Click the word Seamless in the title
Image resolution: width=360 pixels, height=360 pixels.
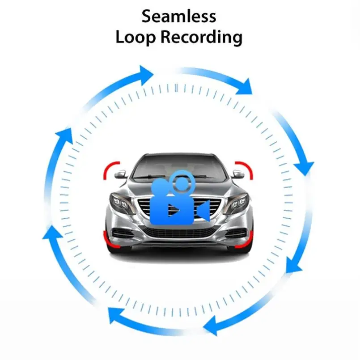(179, 17)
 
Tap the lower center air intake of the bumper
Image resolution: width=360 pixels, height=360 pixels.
(179, 233)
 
